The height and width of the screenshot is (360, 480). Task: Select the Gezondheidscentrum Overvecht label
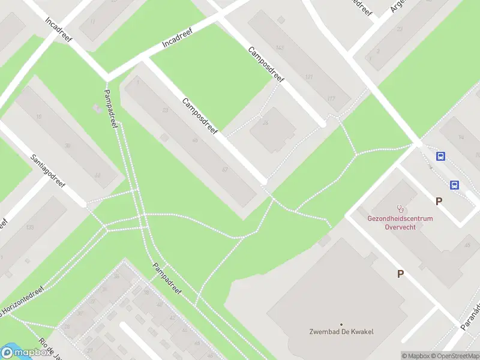pyautogui.click(x=400, y=223)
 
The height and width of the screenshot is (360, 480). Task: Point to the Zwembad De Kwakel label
pyautogui.click(x=341, y=332)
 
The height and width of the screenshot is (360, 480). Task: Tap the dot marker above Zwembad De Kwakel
pyautogui.click(x=341, y=324)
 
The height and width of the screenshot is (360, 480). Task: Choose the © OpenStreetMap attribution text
pyautogui.click(x=455, y=356)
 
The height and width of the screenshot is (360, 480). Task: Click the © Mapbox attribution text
pyautogui.click(x=415, y=356)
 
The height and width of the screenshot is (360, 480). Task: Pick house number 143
pyautogui.click(x=279, y=47)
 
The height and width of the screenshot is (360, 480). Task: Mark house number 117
pyautogui.click(x=331, y=98)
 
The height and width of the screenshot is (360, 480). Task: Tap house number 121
pyautogui.click(x=309, y=77)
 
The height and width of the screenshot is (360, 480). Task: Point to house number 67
pyautogui.click(x=224, y=170)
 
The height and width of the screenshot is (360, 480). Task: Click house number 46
pyautogui.click(x=194, y=140)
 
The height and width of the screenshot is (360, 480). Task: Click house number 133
pyautogui.click(x=29, y=227)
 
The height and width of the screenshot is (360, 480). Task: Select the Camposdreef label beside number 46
pyautogui.click(x=202, y=116)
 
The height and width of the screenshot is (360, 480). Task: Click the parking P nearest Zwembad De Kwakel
pyautogui.click(x=400, y=274)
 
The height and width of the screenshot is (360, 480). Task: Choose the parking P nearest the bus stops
pyautogui.click(x=439, y=202)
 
